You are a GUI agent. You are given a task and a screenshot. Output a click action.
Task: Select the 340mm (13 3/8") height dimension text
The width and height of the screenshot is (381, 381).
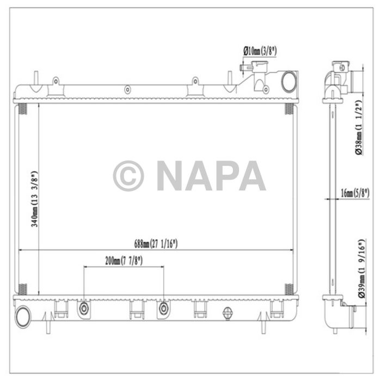tap(34, 199)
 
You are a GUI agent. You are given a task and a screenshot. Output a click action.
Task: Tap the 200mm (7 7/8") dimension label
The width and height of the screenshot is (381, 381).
tap(124, 261)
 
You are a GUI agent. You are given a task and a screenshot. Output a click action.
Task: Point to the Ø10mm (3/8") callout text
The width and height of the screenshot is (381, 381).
tap(260, 51)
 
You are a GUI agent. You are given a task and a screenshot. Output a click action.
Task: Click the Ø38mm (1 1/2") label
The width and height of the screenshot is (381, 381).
tap(359, 128)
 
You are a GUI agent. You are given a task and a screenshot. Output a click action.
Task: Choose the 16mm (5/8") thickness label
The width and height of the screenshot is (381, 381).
tap(354, 192)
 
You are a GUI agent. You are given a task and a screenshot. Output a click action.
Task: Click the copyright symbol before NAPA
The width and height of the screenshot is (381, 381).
tap(128, 176)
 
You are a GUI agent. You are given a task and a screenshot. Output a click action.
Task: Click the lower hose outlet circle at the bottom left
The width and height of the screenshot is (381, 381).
tap(23, 315)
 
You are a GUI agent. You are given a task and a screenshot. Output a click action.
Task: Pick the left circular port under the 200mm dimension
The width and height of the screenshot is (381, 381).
tap(84, 310)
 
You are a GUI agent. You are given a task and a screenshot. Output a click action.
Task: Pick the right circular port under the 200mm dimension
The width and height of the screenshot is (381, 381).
tap(164, 310)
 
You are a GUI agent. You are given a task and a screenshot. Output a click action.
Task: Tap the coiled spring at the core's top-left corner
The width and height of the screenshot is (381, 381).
tap(23, 109)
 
